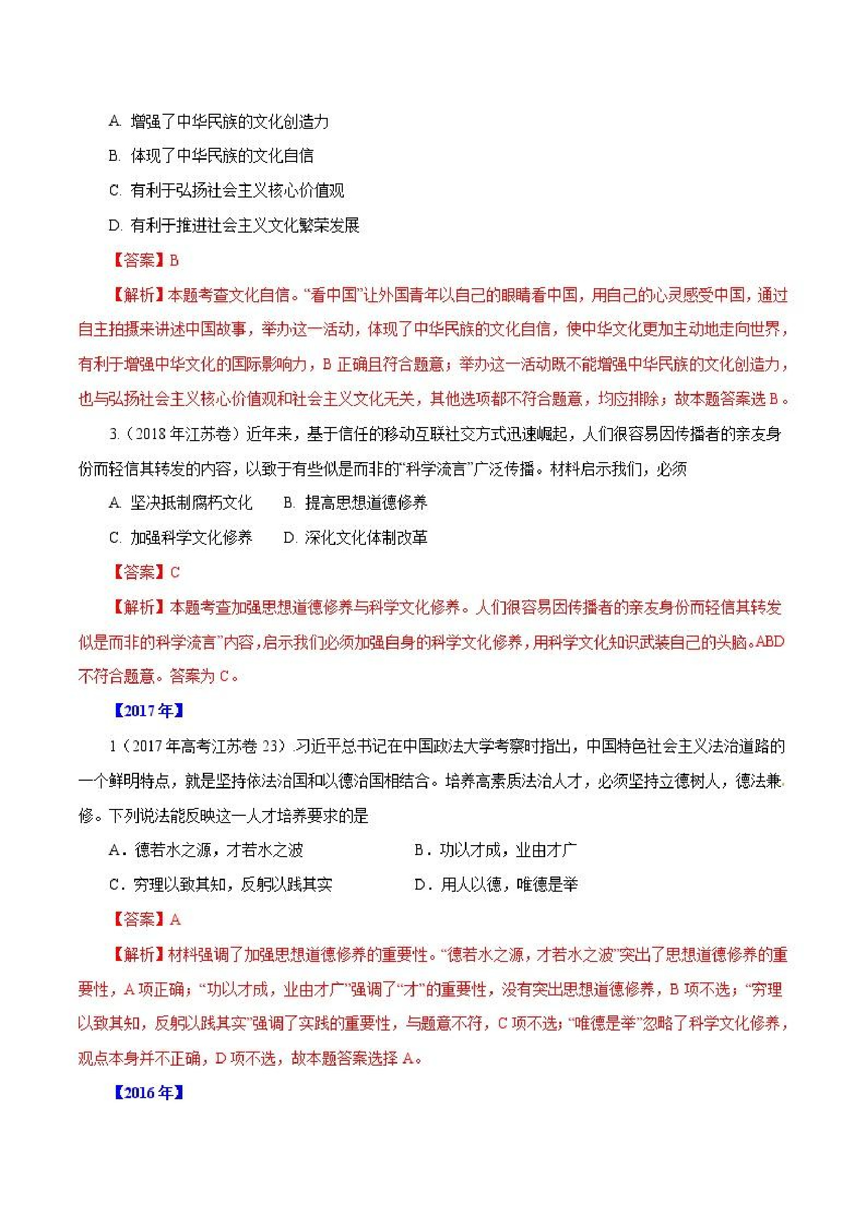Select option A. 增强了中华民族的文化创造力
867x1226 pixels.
coord(219,122)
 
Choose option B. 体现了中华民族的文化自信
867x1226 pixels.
coord(211,156)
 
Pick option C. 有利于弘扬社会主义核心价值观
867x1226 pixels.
coord(226,191)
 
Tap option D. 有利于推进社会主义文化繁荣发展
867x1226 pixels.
coord(234,225)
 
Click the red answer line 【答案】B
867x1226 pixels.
coord(144,260)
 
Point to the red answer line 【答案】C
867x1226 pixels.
coord(145,573)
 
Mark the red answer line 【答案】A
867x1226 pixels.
coord(145,919)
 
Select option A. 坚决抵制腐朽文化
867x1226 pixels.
coord(180,502)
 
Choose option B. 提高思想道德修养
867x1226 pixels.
coord(355,502)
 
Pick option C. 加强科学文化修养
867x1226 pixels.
coord(180,537)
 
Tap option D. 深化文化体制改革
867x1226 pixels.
coord(355,537)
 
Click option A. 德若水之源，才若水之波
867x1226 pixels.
coord(205,849)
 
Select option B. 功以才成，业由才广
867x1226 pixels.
coord(495,849)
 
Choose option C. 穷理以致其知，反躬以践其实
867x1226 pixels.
coord(221,885)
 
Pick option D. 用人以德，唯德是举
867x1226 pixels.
coord(496,885)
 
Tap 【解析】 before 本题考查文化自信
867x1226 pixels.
coord(137,295)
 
